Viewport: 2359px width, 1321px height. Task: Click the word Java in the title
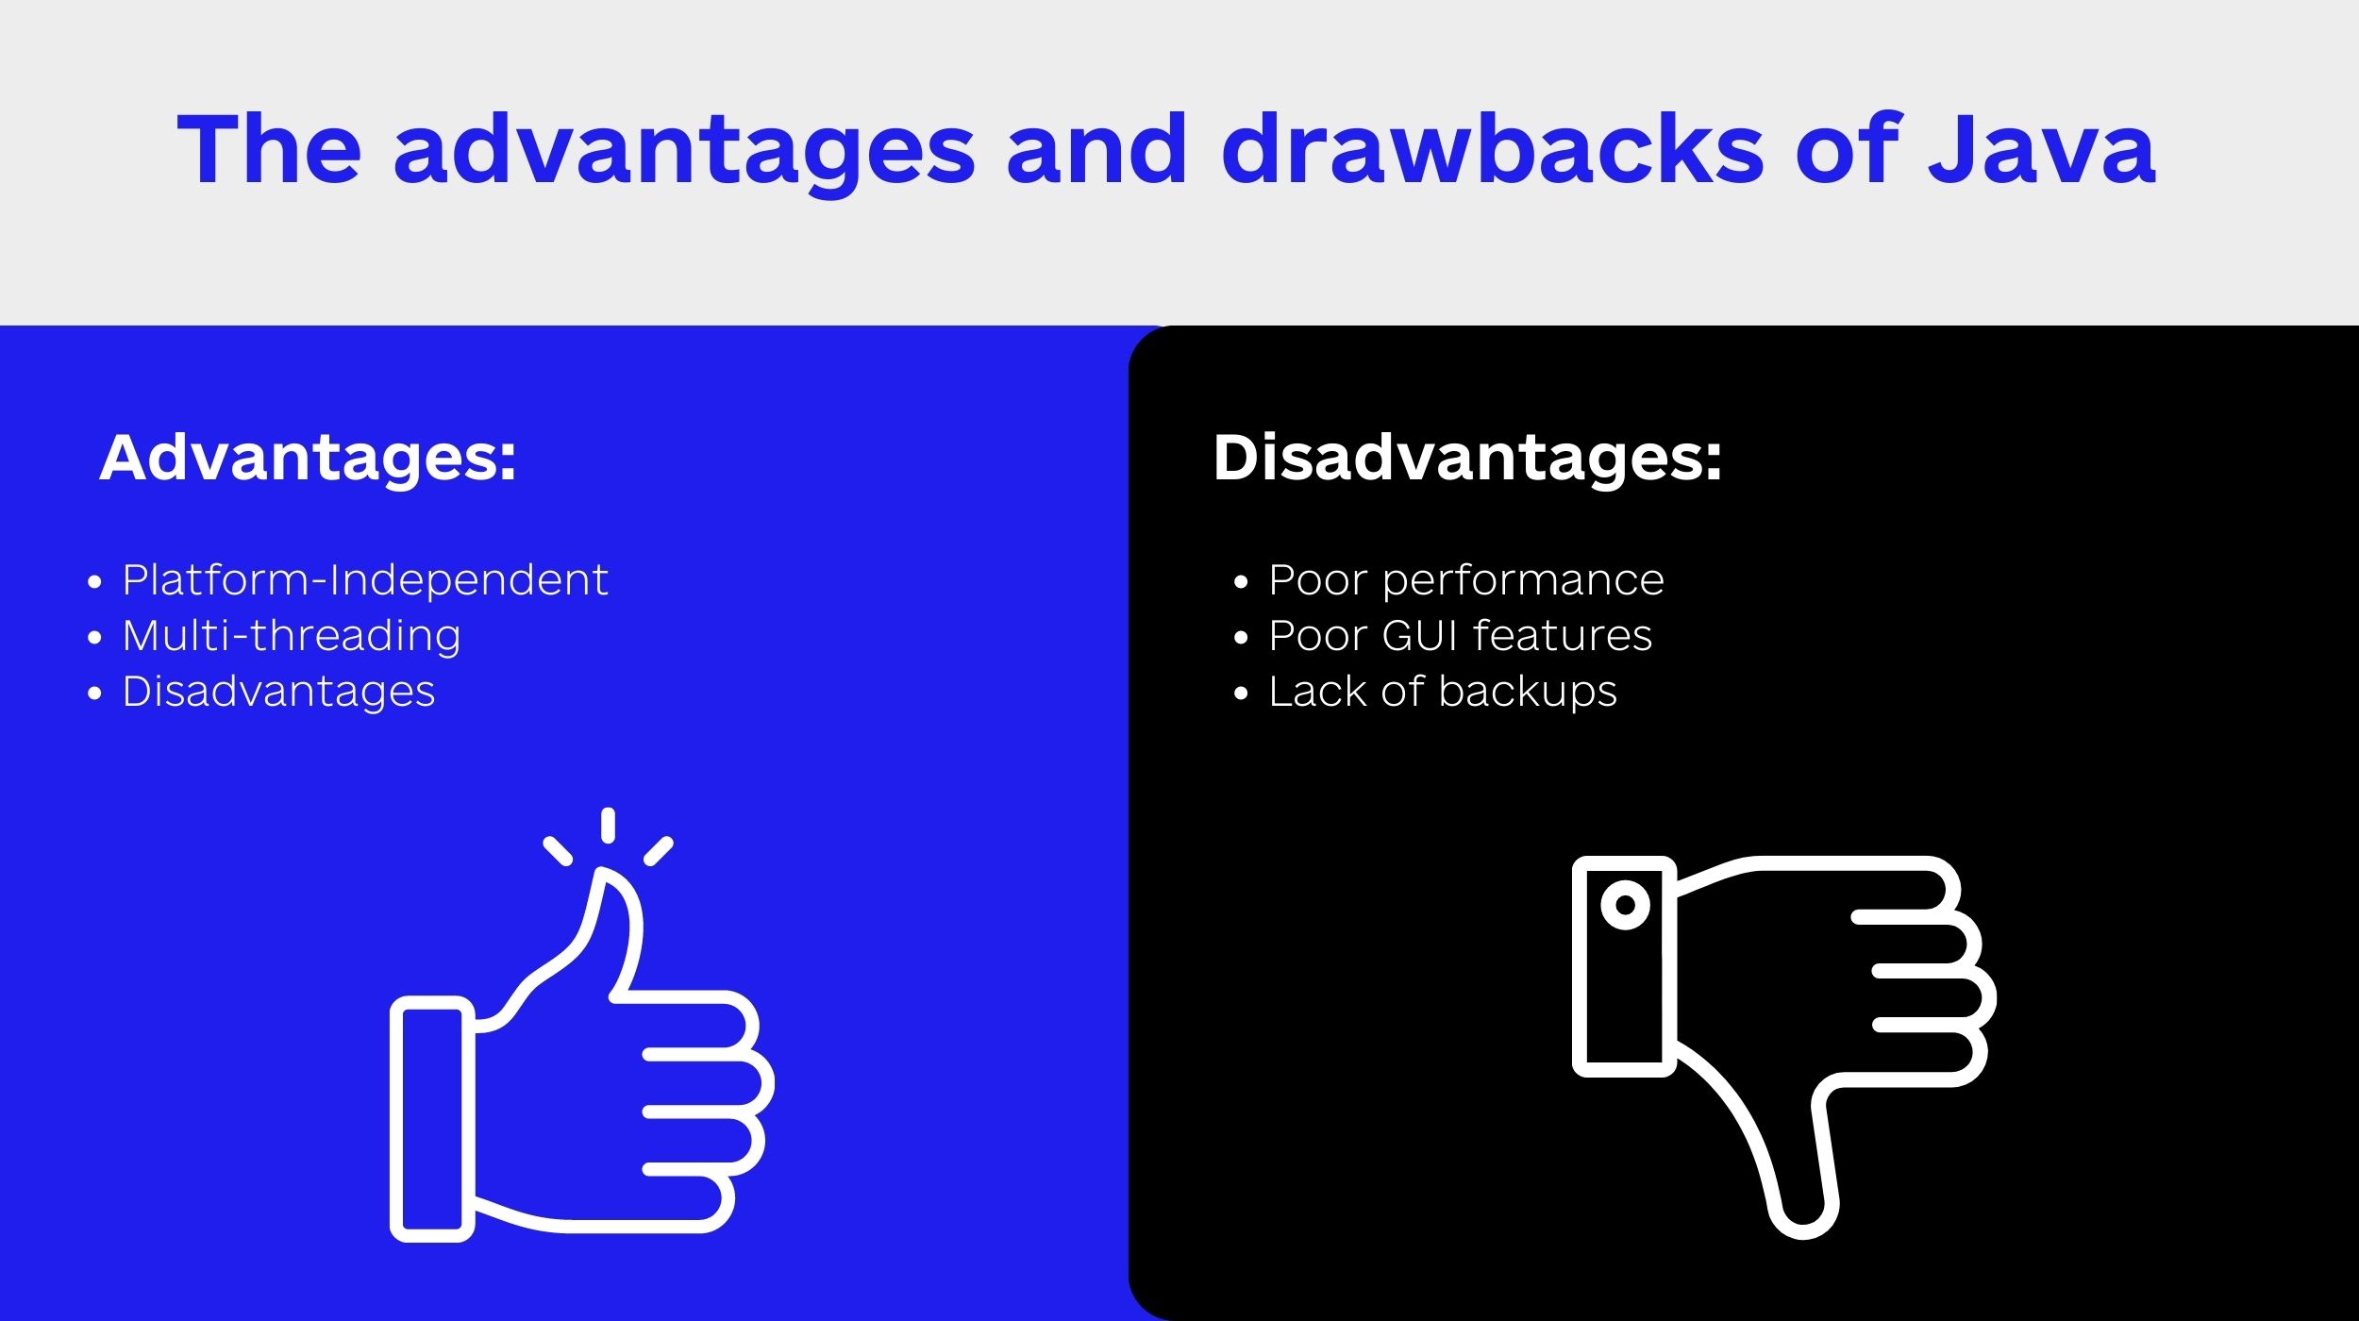[x=2042, y=148]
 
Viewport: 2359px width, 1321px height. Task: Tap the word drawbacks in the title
[x=1492, y=148]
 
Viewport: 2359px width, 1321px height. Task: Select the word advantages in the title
[x=684, y=154]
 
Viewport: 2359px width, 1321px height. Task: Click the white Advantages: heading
[x=308, y=459]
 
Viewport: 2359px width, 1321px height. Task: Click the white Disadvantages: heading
[x=1467, y=459]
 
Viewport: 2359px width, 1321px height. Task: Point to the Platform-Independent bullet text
[x=365, y=579]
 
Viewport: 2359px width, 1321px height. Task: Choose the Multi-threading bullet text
[x=292, y=636]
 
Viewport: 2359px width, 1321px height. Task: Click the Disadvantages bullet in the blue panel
[x=278, y=692]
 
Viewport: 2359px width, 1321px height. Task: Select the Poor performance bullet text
[x=1466, y=580]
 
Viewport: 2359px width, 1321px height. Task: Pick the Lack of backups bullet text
[x=1443, y=692]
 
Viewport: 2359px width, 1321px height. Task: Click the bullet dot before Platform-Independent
[x=94, y=582]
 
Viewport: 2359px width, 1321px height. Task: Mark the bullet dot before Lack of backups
[x=1241, y=694]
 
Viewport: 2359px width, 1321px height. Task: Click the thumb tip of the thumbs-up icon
[x=604, y=876]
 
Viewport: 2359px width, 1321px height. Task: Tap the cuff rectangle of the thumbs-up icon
[x=432, y=1119]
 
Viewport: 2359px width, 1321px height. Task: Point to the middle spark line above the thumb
[x=608, y=825]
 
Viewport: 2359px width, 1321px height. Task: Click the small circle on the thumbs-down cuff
[x=1625, y=905]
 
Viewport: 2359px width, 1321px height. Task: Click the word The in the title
[x=270, y=148]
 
